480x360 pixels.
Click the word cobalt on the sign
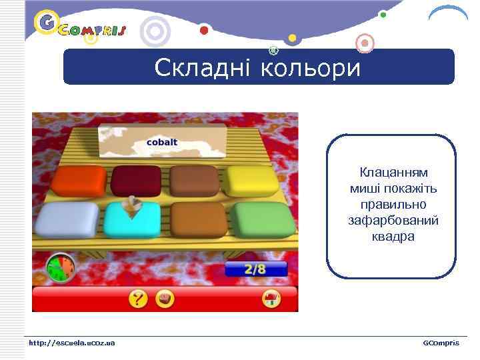pyautogui.click(x=162, y=143)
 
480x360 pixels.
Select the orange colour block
pyautogui.click(x=79, y=179)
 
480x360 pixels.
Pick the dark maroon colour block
pyautogui.click(x=135, y=179)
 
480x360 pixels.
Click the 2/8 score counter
pyautogui.click(x=255, y=269)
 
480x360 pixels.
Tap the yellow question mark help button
pyautogui.click(x=139, y=299)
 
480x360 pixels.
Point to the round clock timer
pyautogui.click(x=60, y=267)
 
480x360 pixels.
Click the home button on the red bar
pyautogui.click(x=271, y=299)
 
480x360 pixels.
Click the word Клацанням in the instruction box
pyautogui.click(x=393, y=173)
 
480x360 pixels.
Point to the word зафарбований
pyautogui.click(x=393, y=220)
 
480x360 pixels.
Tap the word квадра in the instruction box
pyautogui.click(x=393, y=236)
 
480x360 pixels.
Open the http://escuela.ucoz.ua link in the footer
pyautogui.click(x=71, y=343)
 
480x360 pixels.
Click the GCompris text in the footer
pyautogui.click(x=441, y=343)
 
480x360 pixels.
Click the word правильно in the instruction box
pyautogui.click(x=393, y=204)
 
